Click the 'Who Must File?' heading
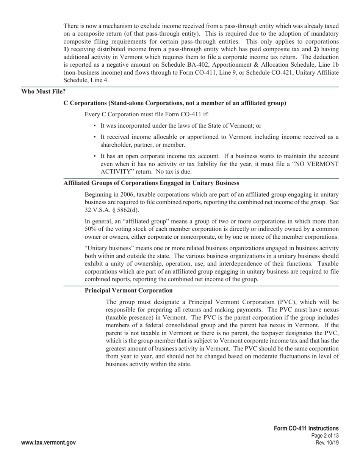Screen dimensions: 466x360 pyautogui.click(x=43, y=91)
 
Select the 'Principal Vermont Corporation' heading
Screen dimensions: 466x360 pyautogui.click(x=128, y=291)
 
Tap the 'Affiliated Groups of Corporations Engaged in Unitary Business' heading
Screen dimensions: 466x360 pyautogui.click(x=151, y=183)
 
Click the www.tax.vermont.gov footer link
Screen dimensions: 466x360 pyautogui.click(x=49, y=443)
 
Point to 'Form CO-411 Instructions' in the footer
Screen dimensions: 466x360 pyautogui.click(x=306, y=428)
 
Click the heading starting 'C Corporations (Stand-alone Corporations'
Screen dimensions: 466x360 pyautogui.click(x=175, y=103)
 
